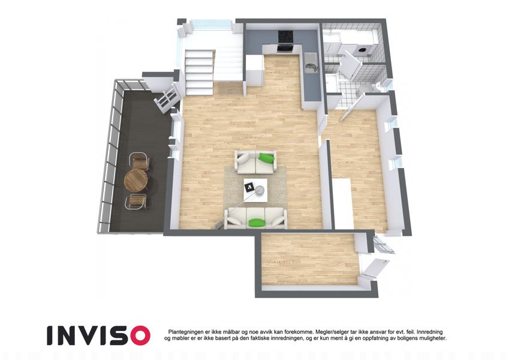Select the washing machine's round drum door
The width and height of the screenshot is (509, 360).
coord(362,50)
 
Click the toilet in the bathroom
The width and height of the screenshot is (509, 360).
coord(379,87)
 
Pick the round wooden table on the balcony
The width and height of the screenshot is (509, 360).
coord(136,181)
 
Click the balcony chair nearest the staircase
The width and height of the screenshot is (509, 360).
coord(140,161)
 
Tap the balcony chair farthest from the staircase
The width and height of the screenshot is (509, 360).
coord(136,202)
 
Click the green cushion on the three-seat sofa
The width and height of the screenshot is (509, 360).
coord(257,222)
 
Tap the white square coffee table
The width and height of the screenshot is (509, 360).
coord(256,190)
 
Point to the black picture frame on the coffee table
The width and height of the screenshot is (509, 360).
coord(249,187)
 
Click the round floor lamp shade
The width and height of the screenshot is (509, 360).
coord(260,190)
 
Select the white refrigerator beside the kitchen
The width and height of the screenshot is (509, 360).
coord(254,71)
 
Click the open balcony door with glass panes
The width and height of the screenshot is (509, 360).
coord(167,98)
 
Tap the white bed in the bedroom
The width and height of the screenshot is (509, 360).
coord(342,204)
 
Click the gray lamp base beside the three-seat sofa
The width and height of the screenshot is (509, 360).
coord(218,224)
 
